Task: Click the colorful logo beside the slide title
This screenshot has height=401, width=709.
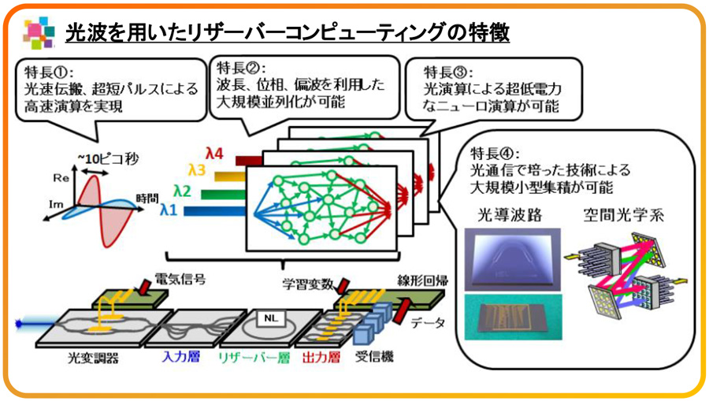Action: tap(39, 32)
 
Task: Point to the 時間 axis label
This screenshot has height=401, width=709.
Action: tap(147, 198)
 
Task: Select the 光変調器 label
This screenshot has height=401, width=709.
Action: tap(93, 357)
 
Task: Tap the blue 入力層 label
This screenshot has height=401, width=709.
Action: tap(182, 357)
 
